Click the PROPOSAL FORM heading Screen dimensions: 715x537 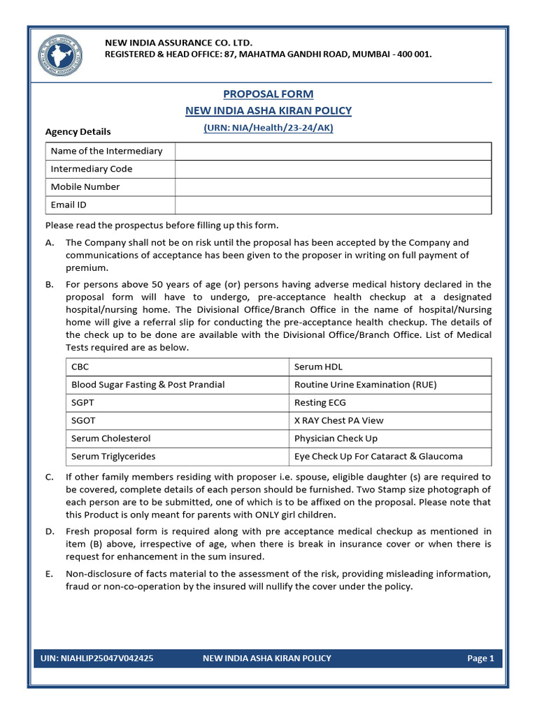click(x=268, y=94)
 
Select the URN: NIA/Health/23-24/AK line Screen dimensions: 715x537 click(x=268, y=128)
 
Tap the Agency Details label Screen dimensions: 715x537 click(x=78, y=131)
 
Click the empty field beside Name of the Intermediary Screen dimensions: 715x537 click(x=333, y=151)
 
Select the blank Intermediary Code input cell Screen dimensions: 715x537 click(x=333, y=169)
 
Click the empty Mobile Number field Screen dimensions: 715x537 click(x=333, y=187)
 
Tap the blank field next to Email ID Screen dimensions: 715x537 click(x=333, y=205)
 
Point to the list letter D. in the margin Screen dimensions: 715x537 click(x=50, y=532)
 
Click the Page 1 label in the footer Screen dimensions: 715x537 click(x=480, y=658)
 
